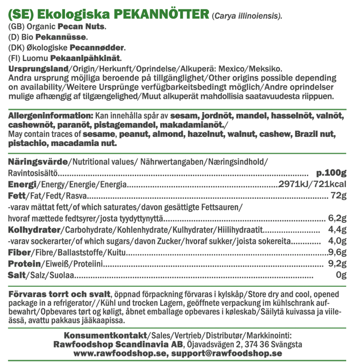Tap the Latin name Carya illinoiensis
[x=247, y=16]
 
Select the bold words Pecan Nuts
[x=82, y=27]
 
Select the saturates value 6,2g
[x=338, y=218]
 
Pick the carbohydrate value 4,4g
[x=338, y=230]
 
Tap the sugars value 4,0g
[x=338, y=242]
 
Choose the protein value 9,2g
[x=338, y=264]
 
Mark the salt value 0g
[x=341, y=275]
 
